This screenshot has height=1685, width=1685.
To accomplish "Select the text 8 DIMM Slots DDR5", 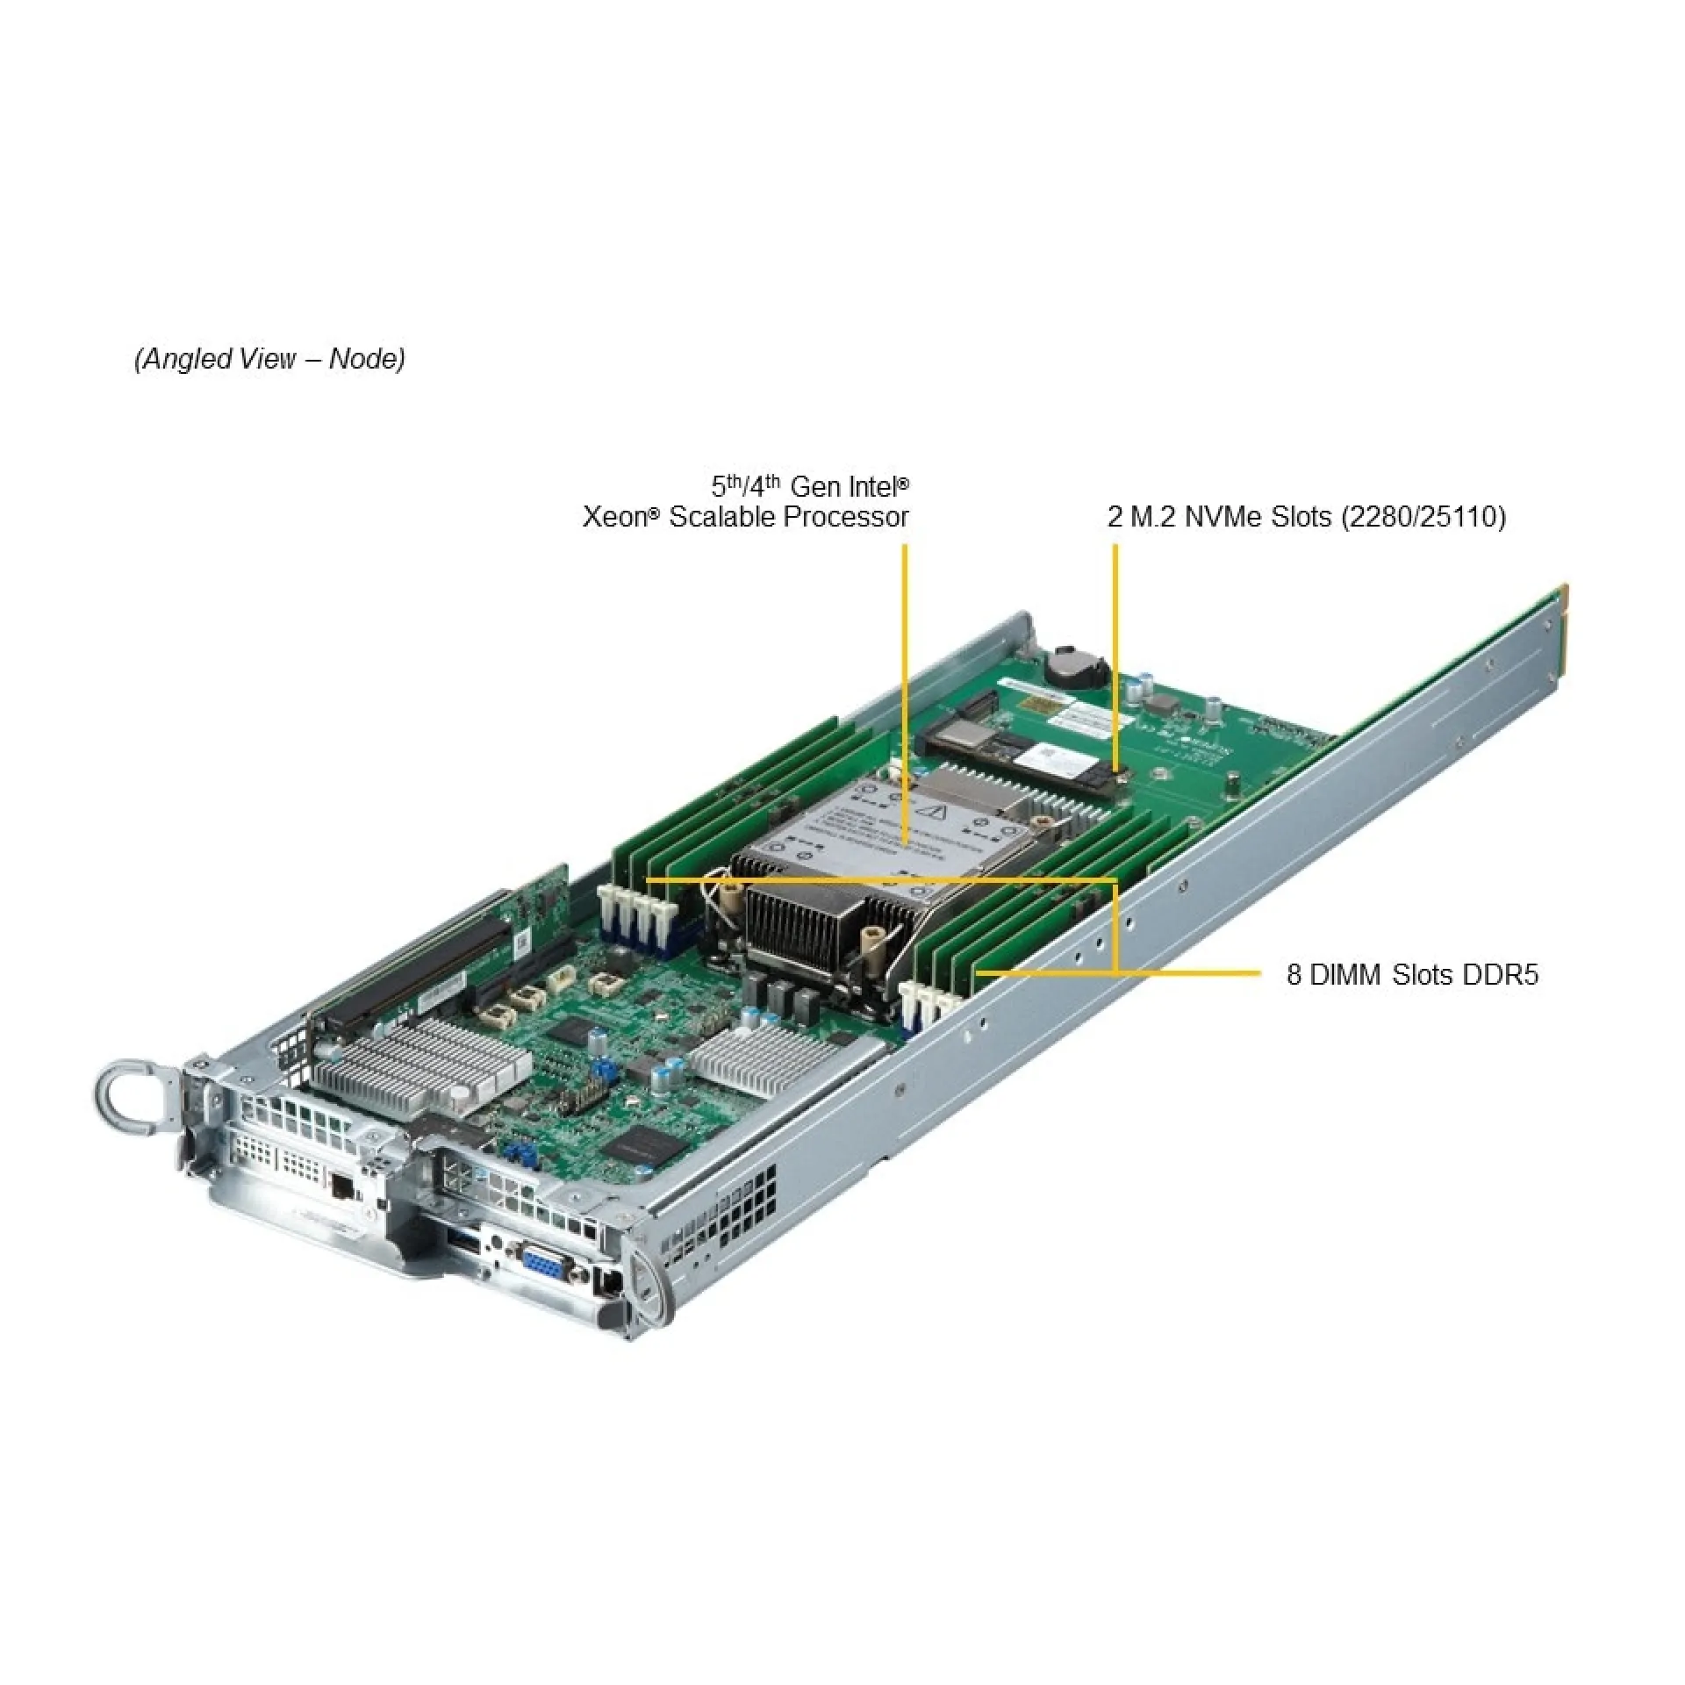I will click(1412, 975).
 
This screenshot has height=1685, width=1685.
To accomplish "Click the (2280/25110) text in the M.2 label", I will click(1423, 516).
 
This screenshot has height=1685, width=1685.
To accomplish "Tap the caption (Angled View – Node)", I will click(269, 359).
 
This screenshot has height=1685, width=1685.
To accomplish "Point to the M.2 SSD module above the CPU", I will click(1018, 747).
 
